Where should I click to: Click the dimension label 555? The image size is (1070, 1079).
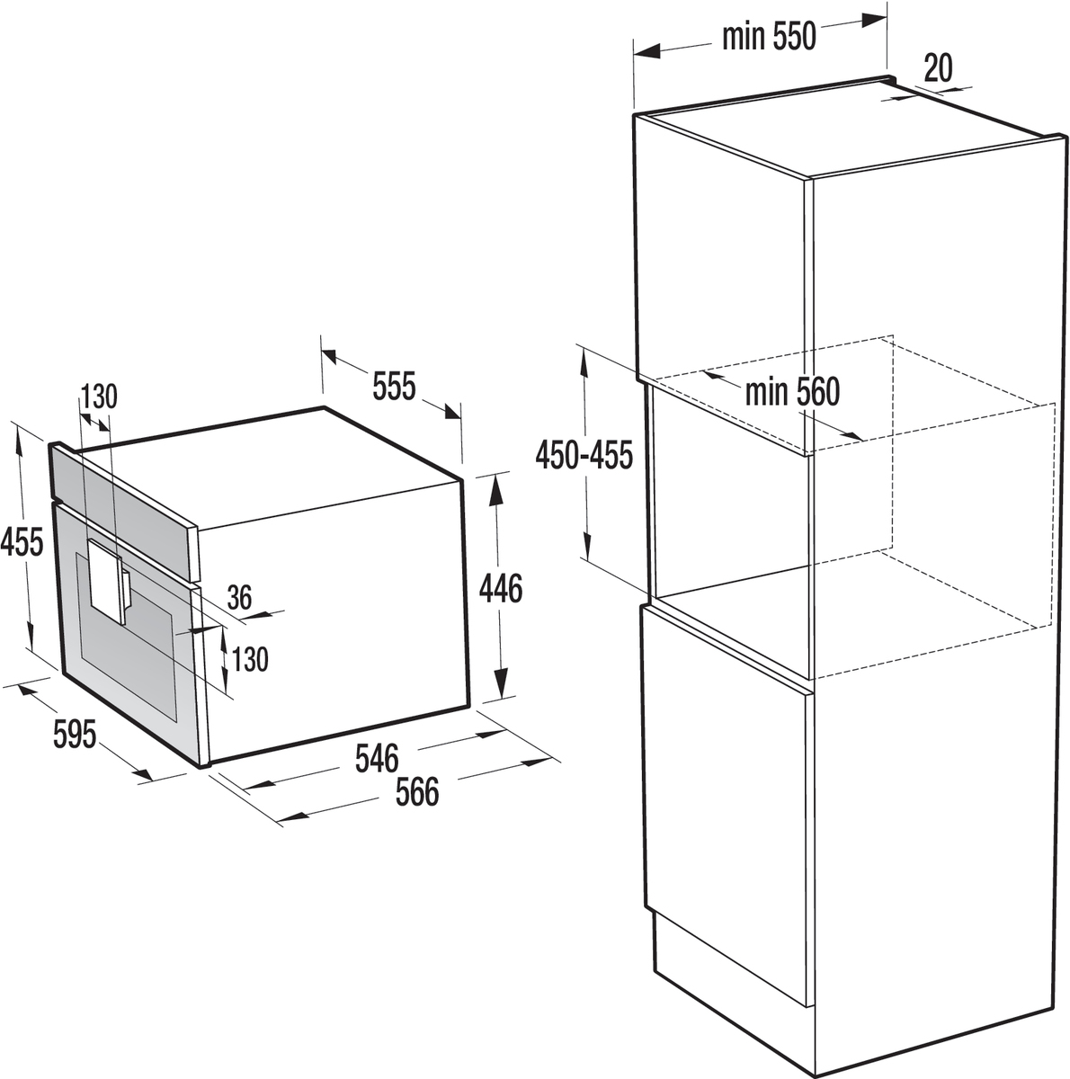[395, 385]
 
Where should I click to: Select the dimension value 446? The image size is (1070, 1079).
[501, 588]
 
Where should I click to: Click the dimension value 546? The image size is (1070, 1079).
[377, 759]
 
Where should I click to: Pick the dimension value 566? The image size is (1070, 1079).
[417, 792]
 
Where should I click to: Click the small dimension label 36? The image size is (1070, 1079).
[240, 597]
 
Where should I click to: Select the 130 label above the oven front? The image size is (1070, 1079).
[100, 397]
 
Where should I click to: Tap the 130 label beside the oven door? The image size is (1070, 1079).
[250, 660]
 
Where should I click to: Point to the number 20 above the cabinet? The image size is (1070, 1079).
[938, 68]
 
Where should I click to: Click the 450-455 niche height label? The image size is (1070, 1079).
[584, 454]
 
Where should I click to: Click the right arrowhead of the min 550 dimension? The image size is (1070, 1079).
[875, 20]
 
